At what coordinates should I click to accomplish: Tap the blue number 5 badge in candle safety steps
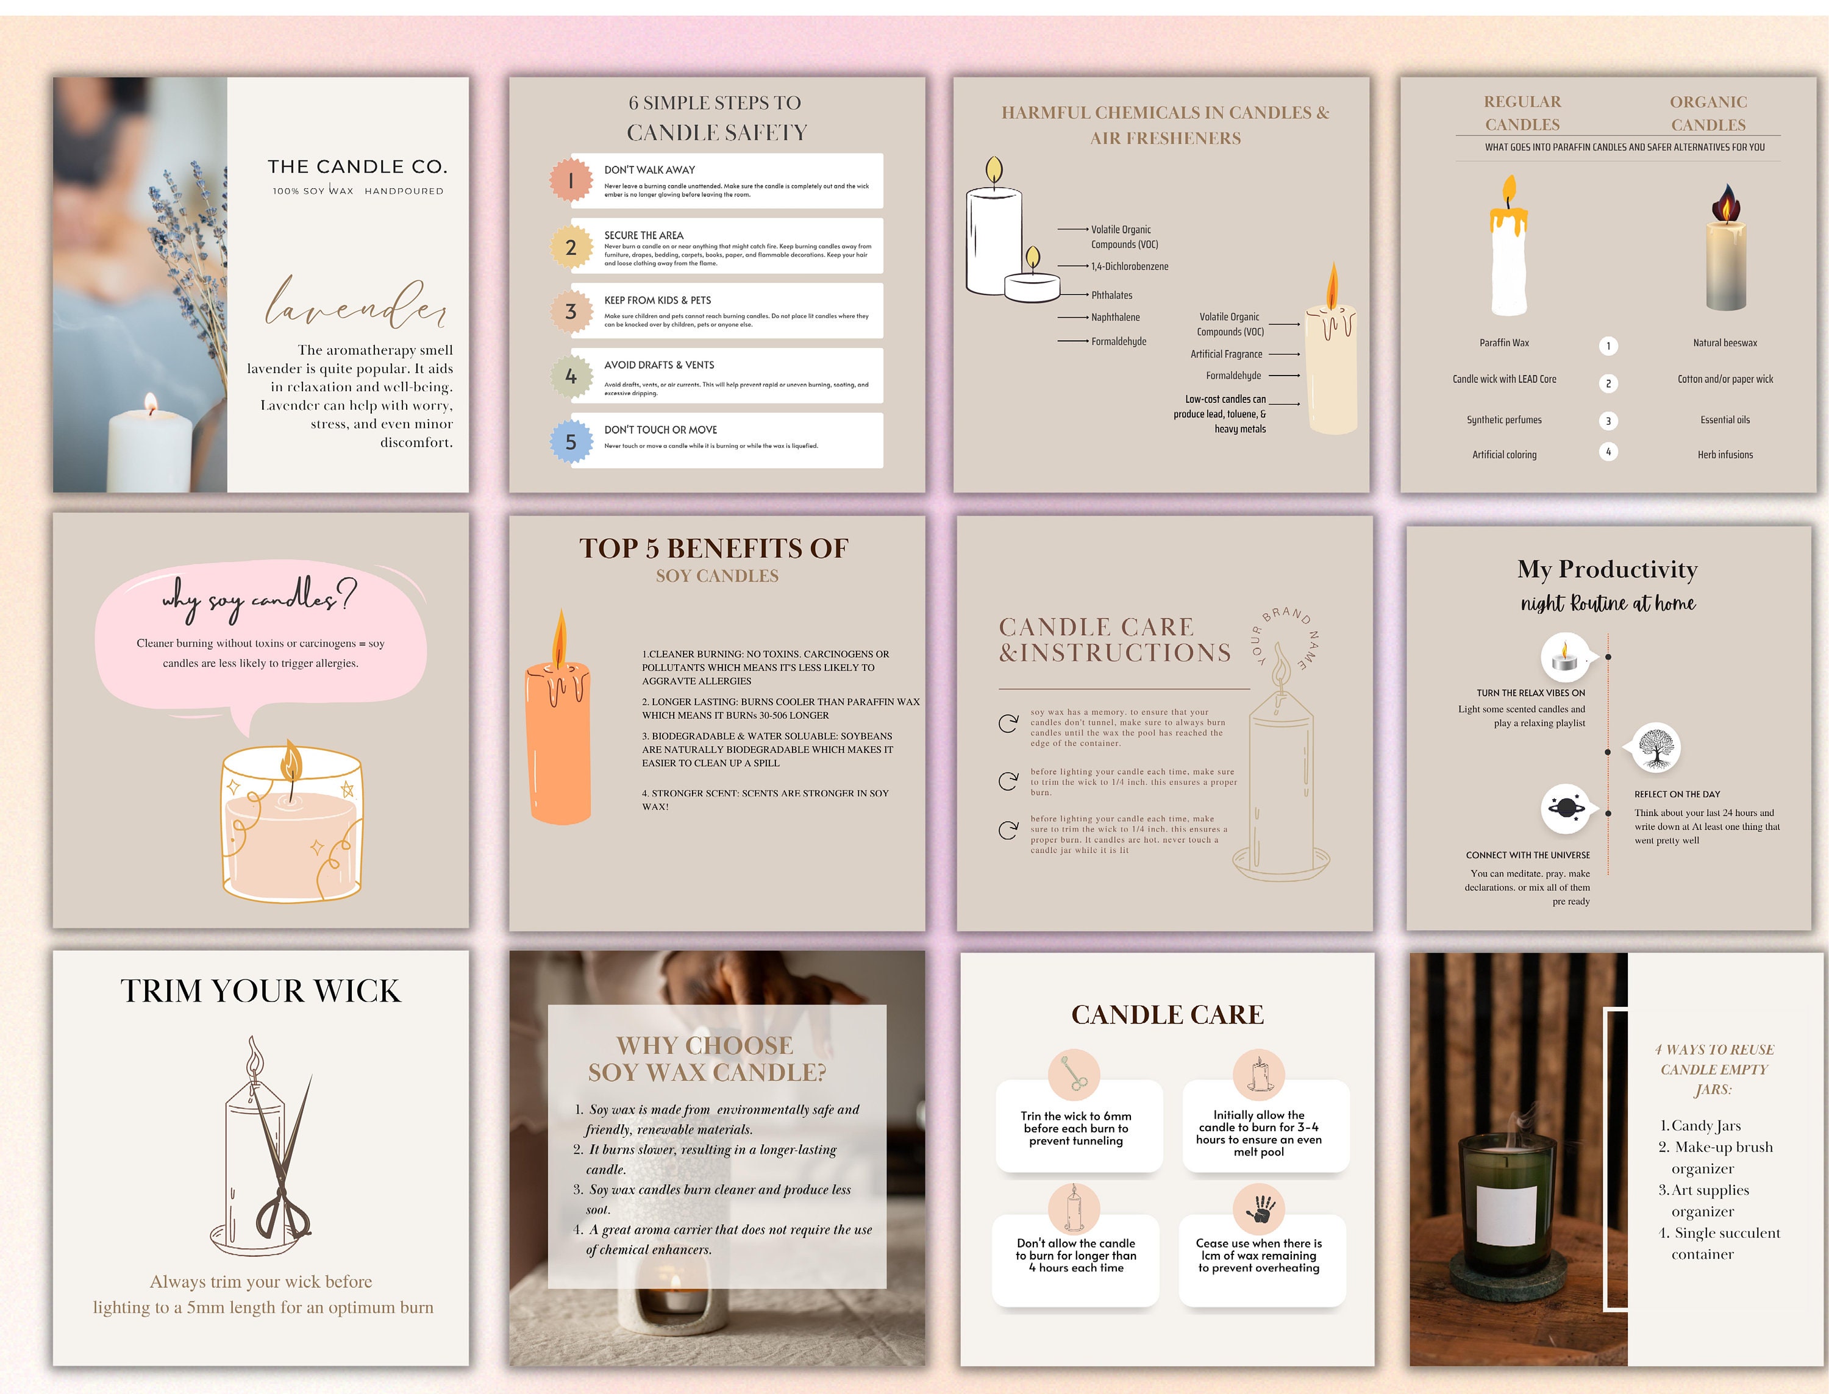570,441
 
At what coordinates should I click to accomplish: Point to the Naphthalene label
1114,317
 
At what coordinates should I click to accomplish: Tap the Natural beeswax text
1724,343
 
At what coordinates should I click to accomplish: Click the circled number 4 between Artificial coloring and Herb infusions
1608,452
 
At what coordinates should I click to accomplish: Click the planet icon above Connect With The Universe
1564,808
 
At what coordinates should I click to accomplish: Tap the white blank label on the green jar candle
1506,1215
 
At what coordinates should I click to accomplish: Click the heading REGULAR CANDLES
1522,113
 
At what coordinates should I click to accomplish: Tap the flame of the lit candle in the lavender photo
150,404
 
